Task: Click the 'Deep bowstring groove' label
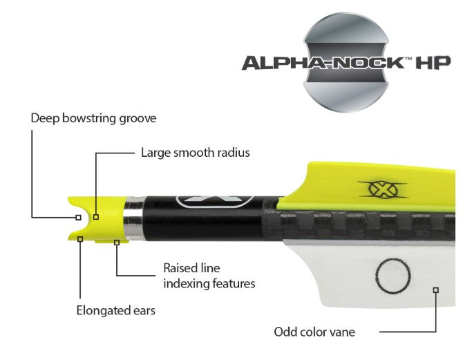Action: click(93, 118)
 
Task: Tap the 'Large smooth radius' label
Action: click(196, 152)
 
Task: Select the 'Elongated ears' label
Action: click(116, 310)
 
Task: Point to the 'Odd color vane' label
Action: click(314, 332)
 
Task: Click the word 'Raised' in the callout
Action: click(179, 267)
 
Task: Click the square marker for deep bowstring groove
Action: click(78, 218)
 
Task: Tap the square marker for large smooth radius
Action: click(96, 217)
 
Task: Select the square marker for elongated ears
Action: click(80, 239)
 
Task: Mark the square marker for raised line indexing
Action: click(117, 243)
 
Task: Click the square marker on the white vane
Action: click(436, 290)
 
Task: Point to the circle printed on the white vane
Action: click(393, 276)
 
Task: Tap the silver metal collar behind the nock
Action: click(134, 218)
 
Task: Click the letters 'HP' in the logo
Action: click(433, 62)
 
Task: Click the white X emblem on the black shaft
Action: click(215, 202)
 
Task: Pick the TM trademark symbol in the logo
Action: click(408, 59)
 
